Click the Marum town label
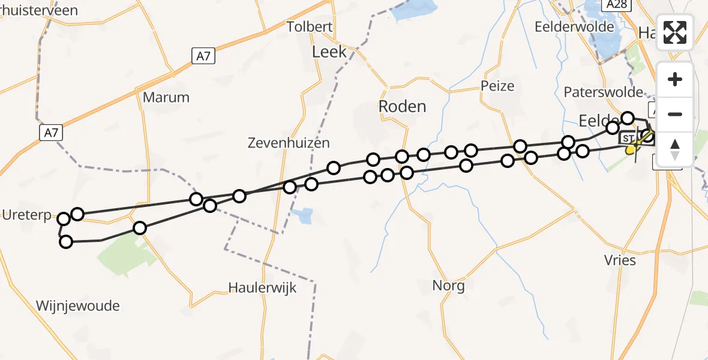[166, 97]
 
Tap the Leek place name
[329, 52]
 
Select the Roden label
[402, 107]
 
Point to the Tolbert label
[310, 26]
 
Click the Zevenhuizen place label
[289, 143]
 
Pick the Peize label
[497, 86]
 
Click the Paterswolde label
[604, 92]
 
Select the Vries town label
[620, 260]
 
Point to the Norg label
[448, 286]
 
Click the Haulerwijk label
[263, 288]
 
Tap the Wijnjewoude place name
[78, 306]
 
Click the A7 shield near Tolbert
[203, 56]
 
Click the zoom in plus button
[675, 79]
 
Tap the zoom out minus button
[675, 114]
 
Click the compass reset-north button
[675, 149]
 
